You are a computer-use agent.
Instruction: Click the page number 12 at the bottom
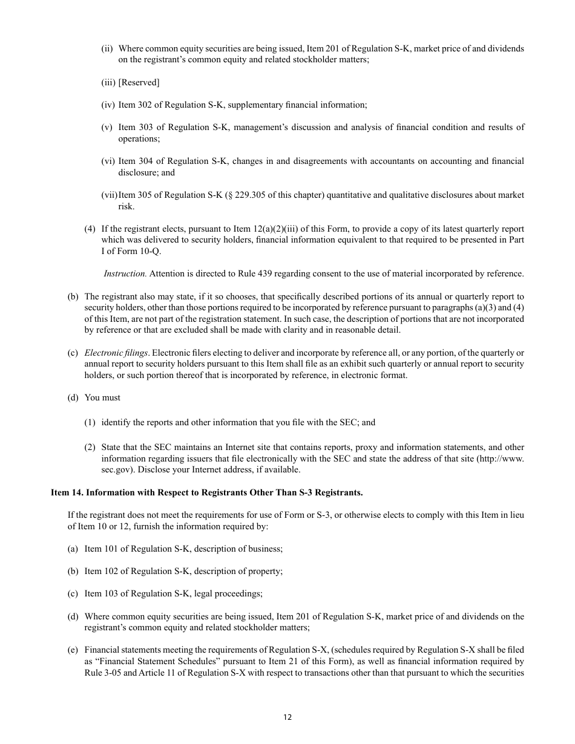point(287,717)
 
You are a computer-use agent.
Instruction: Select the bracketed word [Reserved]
point(139,82)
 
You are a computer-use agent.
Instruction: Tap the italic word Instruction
point(125,273)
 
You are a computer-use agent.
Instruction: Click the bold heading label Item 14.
point(67,492)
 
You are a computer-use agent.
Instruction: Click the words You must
point(102,397)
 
